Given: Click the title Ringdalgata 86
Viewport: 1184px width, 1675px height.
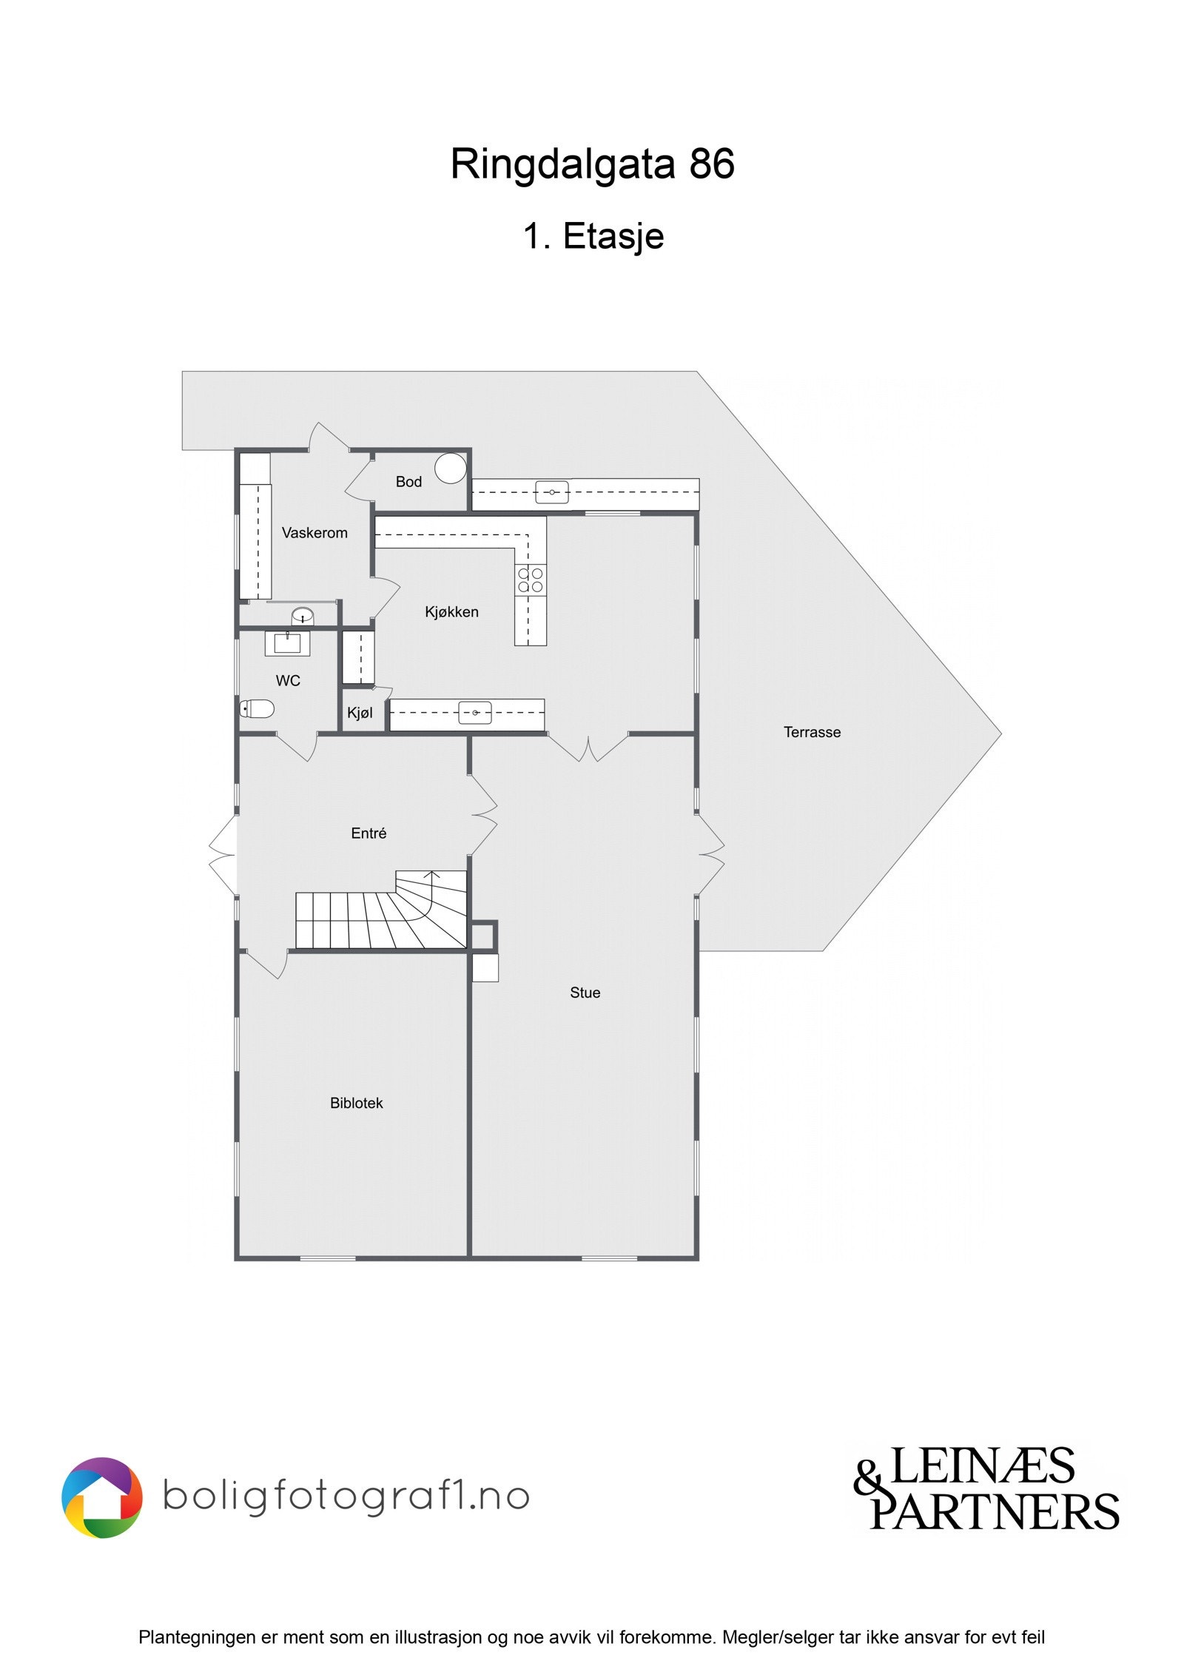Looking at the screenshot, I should [592, 164].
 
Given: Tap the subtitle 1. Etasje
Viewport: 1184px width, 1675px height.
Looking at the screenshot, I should [593, 237].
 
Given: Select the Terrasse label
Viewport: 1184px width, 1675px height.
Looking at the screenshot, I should [812, 732].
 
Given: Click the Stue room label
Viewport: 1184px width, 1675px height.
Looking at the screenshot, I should [585, 993].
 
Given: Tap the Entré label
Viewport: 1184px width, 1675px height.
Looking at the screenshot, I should [369, 833].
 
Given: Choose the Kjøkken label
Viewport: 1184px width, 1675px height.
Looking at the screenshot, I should [451, 612].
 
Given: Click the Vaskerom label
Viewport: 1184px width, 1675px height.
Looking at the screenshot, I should [314, 533].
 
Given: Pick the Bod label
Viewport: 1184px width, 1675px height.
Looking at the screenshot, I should [408, 482].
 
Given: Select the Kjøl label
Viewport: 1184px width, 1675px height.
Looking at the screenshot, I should [360, 714].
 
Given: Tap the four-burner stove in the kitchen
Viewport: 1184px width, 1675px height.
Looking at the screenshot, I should [531, 580].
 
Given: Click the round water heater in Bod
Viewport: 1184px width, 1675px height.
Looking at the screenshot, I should [450, 469].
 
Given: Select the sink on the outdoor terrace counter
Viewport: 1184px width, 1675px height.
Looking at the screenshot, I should [552, 492].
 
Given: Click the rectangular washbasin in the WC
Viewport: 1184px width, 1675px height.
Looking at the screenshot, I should [287, 643].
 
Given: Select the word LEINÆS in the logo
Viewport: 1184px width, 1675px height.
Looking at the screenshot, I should [981, 1466].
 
